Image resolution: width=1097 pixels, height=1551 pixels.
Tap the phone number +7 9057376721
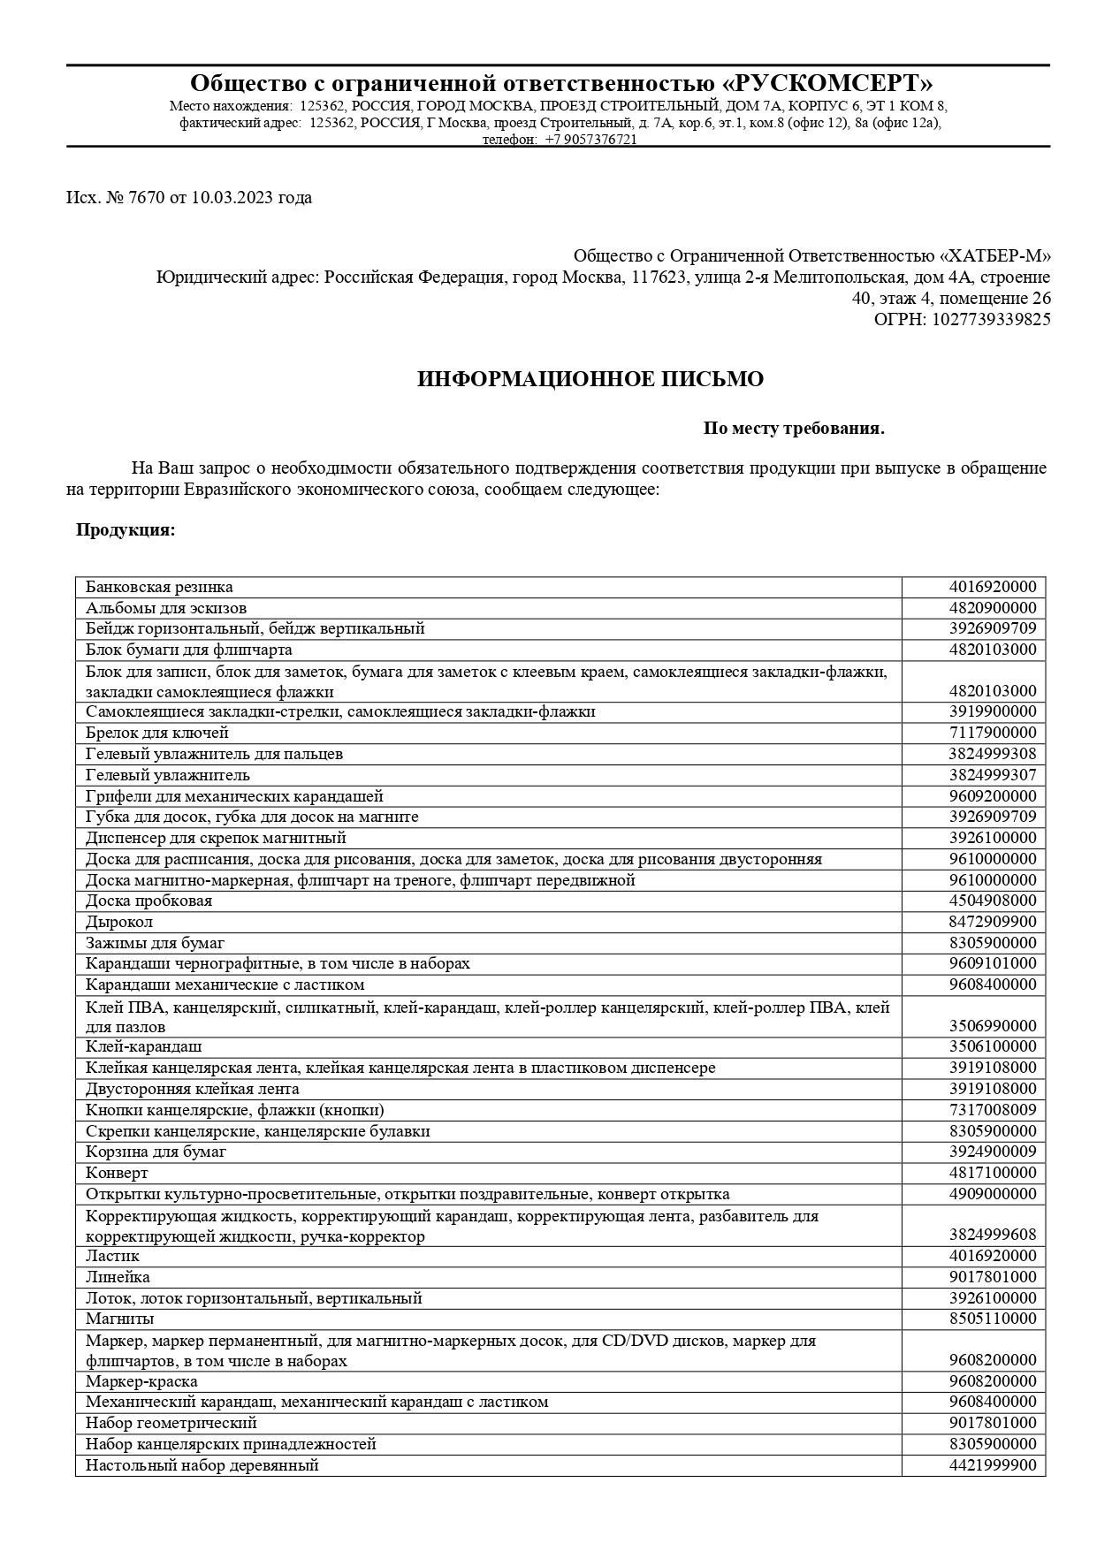click(x=590, y=140)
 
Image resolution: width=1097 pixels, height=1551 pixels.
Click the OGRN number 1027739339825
click(x=987, y=319)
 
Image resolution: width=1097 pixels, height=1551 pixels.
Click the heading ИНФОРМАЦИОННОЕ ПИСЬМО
click(x=590, y=379)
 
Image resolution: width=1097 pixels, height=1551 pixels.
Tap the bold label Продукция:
click(x=126, y=530)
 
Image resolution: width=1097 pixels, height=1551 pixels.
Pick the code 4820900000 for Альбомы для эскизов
click(x=992, y=608)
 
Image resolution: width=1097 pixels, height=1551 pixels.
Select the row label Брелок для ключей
click(x=157, y=733)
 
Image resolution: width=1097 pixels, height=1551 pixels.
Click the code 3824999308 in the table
click(x=992, y=754)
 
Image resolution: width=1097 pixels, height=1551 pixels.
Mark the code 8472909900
click(x=992, y=922)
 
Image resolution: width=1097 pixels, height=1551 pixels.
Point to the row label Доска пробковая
click(x=149, y=901)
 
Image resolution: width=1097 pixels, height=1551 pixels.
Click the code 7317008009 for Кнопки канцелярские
click(x=992, y=1110)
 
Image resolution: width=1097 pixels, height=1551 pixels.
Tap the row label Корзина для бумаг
click(x=156, y=1152)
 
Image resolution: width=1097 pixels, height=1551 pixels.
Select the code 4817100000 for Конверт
click(x=992, y=1173)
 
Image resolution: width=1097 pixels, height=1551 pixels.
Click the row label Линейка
click(x=118, y=1277)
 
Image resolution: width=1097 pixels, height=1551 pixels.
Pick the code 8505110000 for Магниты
click(x=992, y=1319)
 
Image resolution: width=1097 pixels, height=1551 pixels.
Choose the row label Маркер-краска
click(x=141, y=1381)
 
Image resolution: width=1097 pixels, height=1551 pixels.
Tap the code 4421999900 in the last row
click(x=992, y=1465)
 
